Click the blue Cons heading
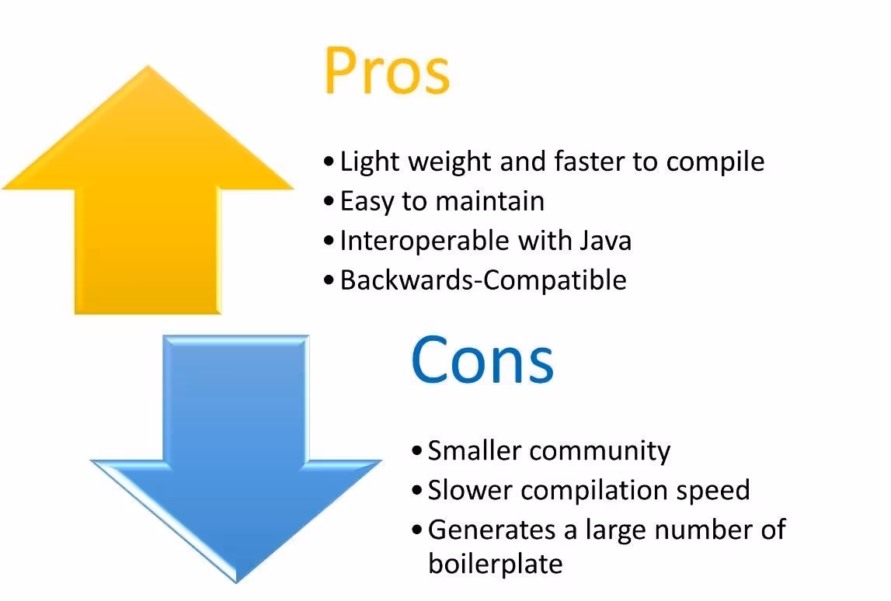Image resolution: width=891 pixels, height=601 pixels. click(x=482, y=360)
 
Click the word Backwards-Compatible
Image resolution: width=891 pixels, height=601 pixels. click(x=483, y=280)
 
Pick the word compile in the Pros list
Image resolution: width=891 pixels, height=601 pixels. click(x=715, y=162)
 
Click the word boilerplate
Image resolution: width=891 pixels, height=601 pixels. click(x=495, y=563)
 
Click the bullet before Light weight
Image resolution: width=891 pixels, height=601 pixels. click(x=329, y=162)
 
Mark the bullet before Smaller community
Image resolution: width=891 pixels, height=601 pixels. click(x=417, y=450)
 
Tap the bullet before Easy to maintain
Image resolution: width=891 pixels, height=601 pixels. click(x=329, y=201)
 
